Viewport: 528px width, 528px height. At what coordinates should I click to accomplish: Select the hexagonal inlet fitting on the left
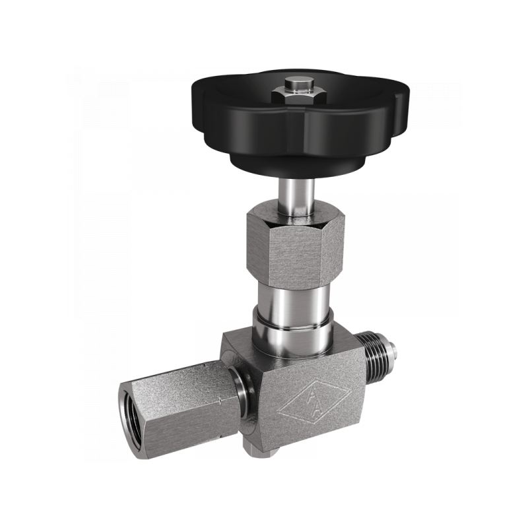click(178, 409)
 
